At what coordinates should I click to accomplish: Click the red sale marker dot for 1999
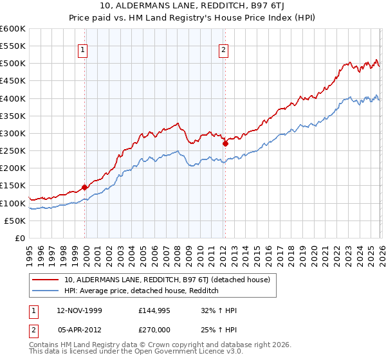(x=85, y=188)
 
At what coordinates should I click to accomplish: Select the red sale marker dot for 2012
(x=225, y=144)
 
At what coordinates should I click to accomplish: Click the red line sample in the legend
(x=46, y=280)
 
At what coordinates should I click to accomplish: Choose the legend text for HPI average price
(x=142, y=291)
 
